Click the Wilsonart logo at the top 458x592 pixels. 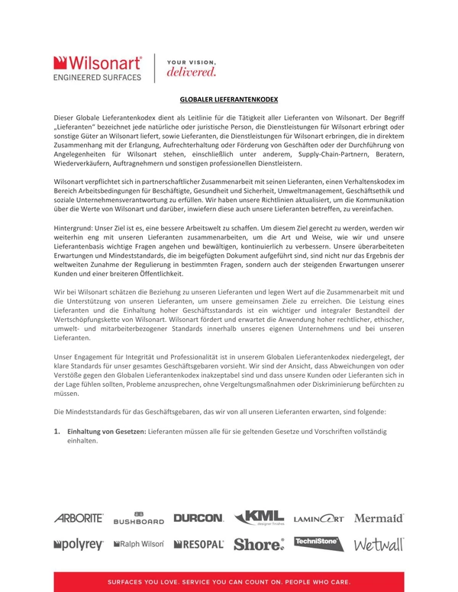pos(98,67)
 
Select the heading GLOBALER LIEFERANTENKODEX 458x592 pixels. pos(228,99)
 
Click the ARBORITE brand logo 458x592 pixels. pos(79,518)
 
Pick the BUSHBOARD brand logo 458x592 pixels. pos(138,518)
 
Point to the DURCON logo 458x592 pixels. pos(198,518)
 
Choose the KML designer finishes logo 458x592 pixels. pos(260,517)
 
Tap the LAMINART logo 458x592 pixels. pos(318,519)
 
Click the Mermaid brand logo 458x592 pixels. pos(379,518)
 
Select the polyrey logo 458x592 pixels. pos(79,545)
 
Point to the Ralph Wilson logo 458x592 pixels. pos(138,545)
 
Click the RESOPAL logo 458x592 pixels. pos(198,545)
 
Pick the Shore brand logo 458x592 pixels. pos(259,545)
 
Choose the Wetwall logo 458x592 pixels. pos(379,544)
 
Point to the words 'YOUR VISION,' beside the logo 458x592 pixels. pos(191,62)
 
